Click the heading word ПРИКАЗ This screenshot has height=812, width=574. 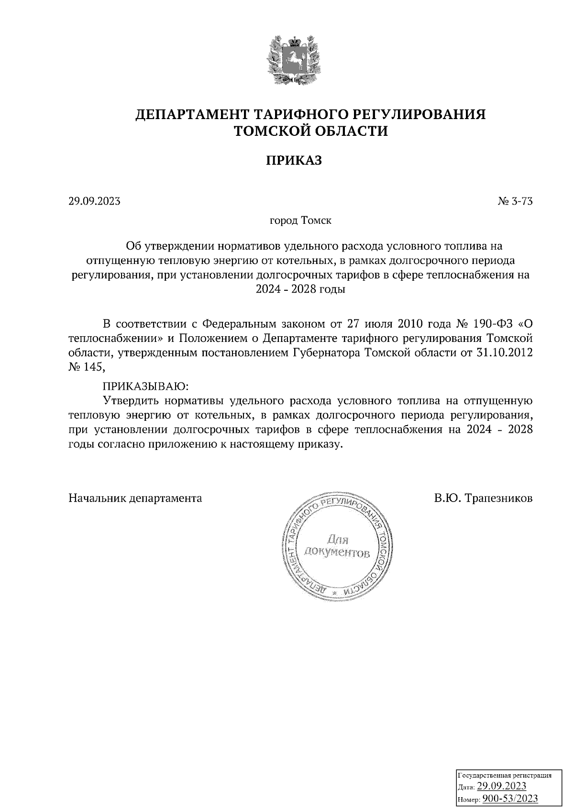[294, 160]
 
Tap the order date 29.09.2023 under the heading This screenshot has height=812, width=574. [94, 201]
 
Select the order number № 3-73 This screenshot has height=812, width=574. [515, 201]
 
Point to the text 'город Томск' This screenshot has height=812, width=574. [301, 221]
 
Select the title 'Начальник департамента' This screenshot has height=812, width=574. [135, 498]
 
